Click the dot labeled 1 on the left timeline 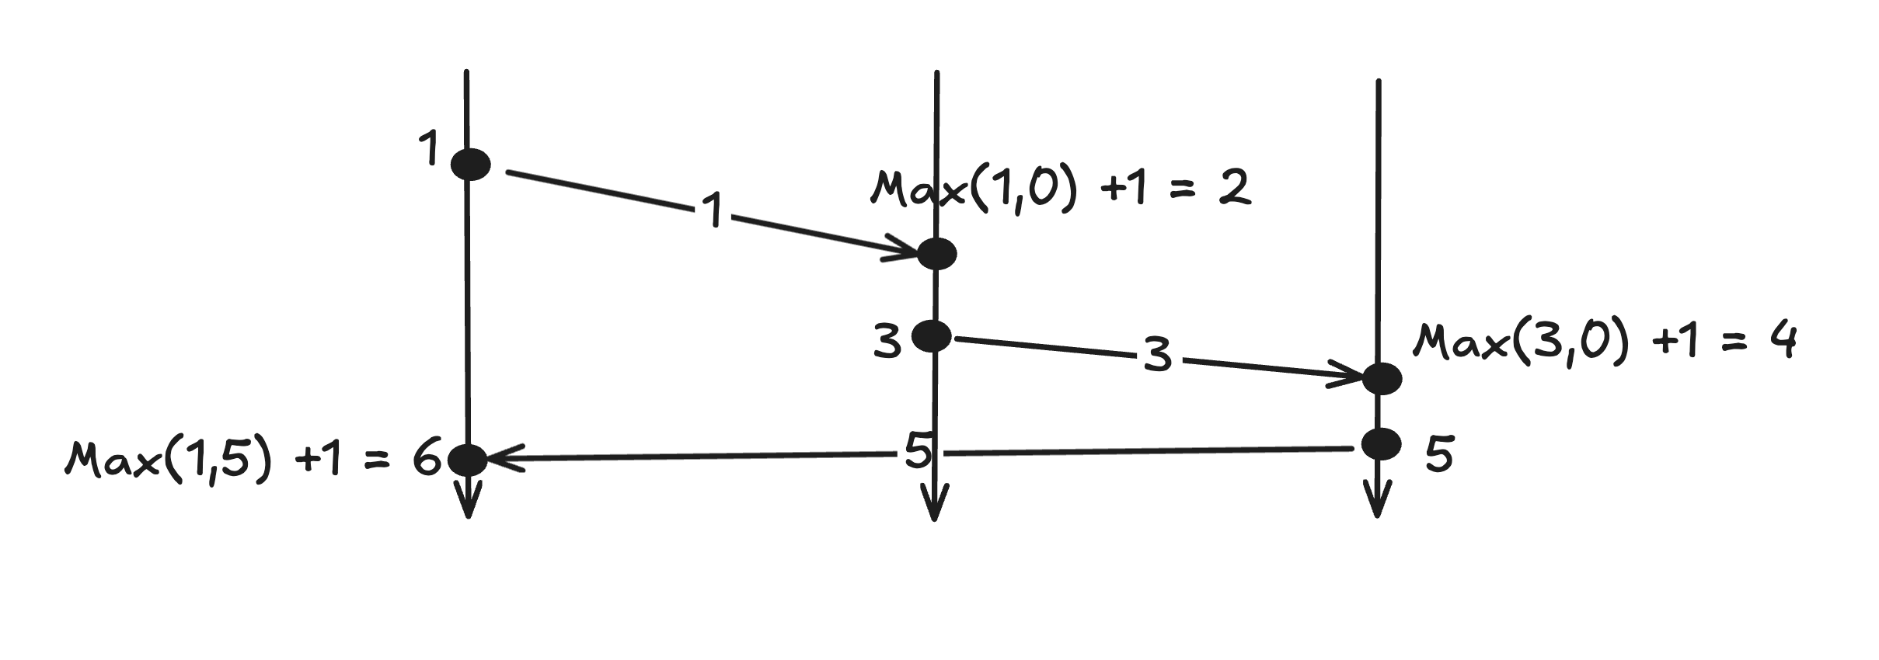pos(471,164)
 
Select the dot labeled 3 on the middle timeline pos(931,335)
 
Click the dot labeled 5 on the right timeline pos(1382,443)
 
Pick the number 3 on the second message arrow pos(1157,354)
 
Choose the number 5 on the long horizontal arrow pos(918,450)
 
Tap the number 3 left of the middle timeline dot pos(887,342)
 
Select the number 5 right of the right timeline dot pos(1439,454)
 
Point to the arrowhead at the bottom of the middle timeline pos(935,507)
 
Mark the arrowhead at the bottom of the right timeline pos(1377,503)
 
